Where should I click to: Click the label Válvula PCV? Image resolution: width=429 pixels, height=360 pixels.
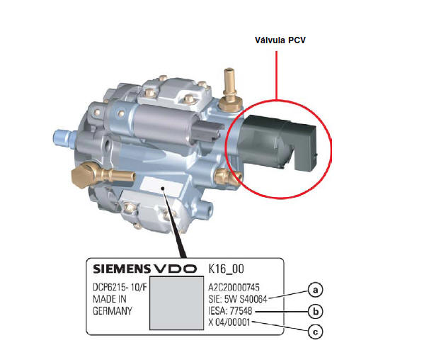(280, 40)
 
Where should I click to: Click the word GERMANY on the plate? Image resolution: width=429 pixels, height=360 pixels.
(113, 310)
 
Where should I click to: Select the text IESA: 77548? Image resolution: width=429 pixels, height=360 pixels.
(231, 311)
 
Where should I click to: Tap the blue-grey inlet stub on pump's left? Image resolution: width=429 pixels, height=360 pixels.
(64, 135)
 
